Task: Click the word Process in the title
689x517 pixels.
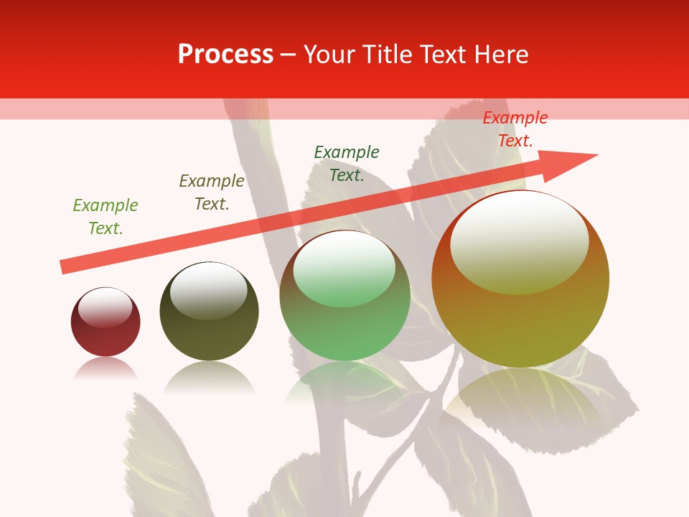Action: pyautogui.click(x=225, y=55)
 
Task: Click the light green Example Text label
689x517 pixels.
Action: pyautogui.click(x=106, y=217)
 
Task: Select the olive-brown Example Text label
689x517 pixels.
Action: pyautogui.click(x=212, y=192)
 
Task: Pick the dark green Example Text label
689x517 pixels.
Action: pyautogui.click(x=347, y=164)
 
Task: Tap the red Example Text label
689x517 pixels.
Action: pyautogui.click(x=515, y=129)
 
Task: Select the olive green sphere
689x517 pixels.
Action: pyautogui.click(x=209, y=330)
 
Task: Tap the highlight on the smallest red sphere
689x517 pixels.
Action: pyautogui.click(x=105, y=307)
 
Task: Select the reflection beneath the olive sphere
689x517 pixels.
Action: pyautogui.click(x=209, y=377)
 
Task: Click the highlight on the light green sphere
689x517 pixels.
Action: pyautogui.click(x=344, y=268)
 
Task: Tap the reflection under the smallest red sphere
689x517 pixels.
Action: pyautogui.click(x=106, y=368)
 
